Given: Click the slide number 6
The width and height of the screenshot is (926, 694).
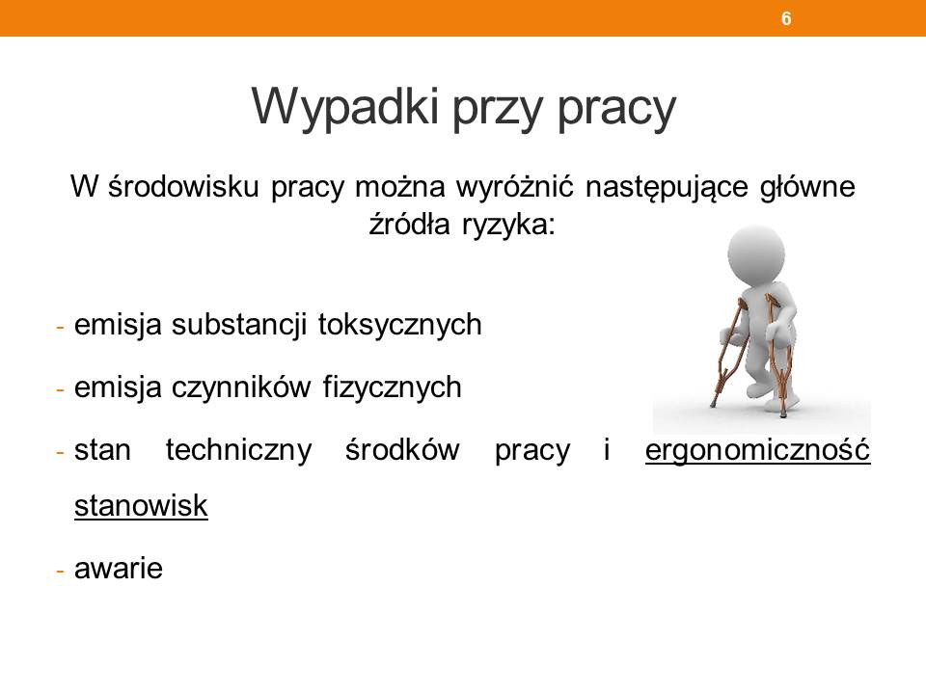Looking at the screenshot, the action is click(x=786, y=18).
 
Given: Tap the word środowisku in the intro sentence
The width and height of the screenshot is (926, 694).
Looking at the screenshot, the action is click(x=184, y=186).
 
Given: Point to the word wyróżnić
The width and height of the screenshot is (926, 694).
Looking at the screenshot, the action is click(x=514, y=187).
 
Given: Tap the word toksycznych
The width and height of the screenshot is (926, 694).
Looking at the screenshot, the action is click(x=399, y=326).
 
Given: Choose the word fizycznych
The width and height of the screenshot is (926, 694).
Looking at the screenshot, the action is click(x=393, y=388).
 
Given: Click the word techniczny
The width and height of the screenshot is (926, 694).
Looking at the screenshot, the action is click(x=238, y=451).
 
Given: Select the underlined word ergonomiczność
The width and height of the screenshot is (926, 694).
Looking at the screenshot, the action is click(x=758, y=451).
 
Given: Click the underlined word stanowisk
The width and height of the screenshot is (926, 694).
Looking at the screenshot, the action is click(x=141, y=506).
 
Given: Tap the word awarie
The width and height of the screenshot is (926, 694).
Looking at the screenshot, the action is click(x=118, y=569).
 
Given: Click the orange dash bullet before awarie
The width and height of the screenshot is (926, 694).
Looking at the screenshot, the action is click(x=60, y=572).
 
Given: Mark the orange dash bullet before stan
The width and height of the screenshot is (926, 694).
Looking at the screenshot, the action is click(x=60, y=453).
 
